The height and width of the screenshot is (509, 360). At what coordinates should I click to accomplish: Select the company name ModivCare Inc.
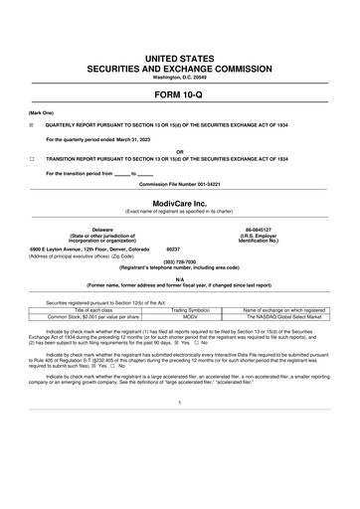179,202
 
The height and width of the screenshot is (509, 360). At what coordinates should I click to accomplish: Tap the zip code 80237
173,249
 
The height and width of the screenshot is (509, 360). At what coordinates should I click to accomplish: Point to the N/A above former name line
179,279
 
